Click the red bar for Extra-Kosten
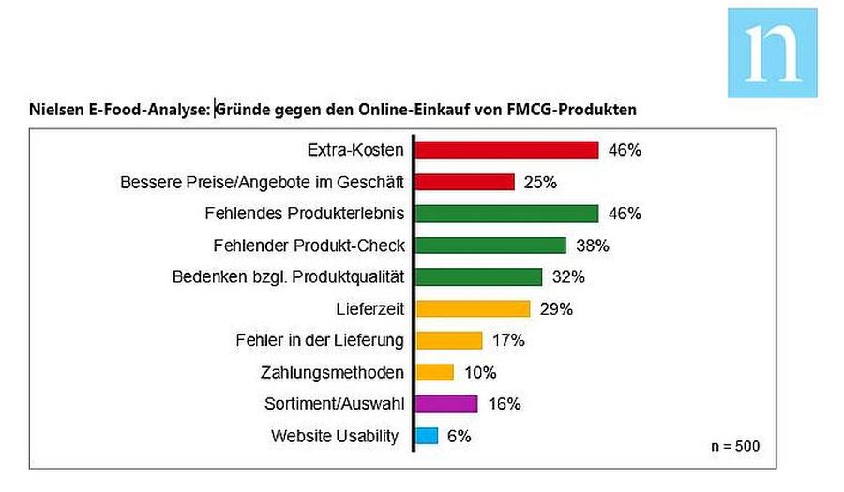(x=506, y=150)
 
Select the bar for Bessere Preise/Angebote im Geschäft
(x=464, y=182)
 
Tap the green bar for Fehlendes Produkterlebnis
(x=506, y=214)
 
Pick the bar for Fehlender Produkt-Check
(x=490, y=246)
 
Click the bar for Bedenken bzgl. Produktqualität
(x=478, y=276)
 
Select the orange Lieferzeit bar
(x=473, y=308)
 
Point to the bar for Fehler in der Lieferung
(x=449, y=340)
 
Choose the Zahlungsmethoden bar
(x=434, y=372)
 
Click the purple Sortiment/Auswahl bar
(x=446, y=404)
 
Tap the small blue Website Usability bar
(x=427, y=436)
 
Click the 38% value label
(x=592, y=246)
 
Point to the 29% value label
(x=556, y=309)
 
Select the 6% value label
(x=460, y=436)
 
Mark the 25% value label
(x=540, y=183)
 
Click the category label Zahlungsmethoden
(x=332, y=373)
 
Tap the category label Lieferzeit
(x=369, y=309)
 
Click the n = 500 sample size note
(x=735, y=446)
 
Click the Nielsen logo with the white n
(x=773, y=53)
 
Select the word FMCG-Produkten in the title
(x=571, y=110)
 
